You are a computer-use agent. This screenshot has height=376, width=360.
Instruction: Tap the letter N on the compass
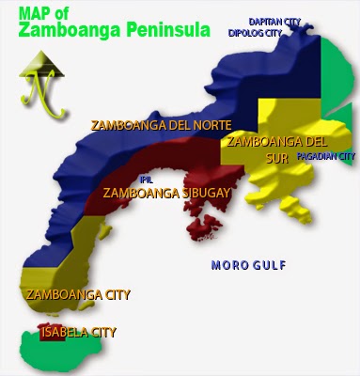tap(39, 95)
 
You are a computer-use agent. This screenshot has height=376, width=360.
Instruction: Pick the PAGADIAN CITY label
tap(325, 156)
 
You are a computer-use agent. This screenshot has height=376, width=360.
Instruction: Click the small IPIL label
tap(146, 179)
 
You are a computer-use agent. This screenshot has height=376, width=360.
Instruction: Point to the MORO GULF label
tap(248, 265)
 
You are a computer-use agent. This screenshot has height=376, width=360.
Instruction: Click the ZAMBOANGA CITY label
tap(78, 294)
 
